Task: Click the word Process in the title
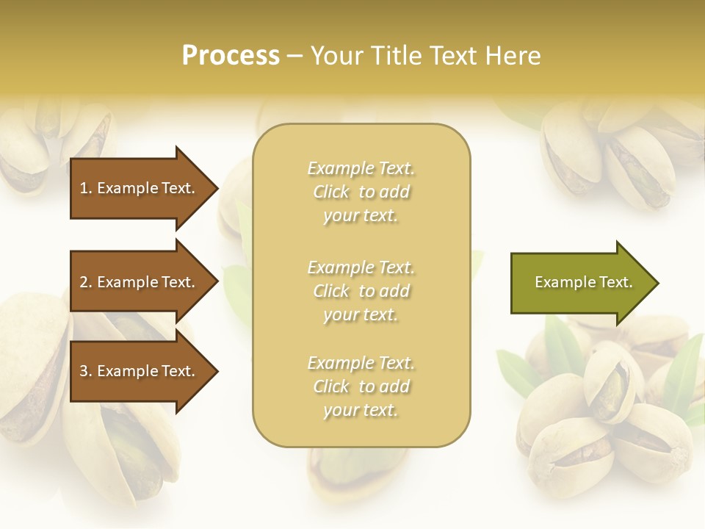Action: [x=231, y=56]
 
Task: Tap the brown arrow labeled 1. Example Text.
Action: [x=140, y=188]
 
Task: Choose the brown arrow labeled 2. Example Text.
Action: [x=140, y=282]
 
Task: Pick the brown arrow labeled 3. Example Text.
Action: [x=140, y=372]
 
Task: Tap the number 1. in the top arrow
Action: [x=86, y=188]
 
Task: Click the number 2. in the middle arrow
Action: [x=86, y=282]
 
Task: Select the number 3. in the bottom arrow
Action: [x=86, y=372]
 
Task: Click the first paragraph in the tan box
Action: [x=361, y=192]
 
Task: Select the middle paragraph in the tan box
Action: [x=361, y=291]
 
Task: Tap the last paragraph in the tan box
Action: [x=361, y=386]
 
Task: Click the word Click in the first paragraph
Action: [x=331, y=192]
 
